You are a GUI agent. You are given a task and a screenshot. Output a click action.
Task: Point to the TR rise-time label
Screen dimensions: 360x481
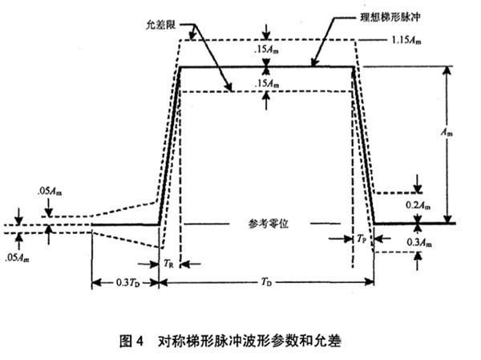[x=169, y=262]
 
